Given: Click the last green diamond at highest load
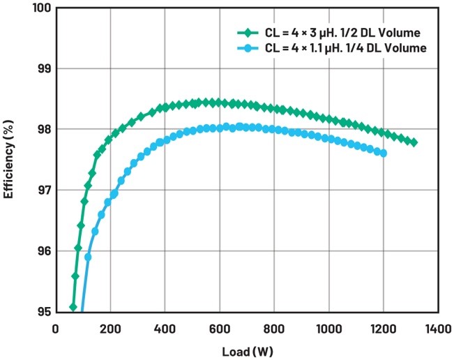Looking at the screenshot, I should tap(414, 142).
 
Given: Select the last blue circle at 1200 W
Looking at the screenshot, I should tap(383, 153).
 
